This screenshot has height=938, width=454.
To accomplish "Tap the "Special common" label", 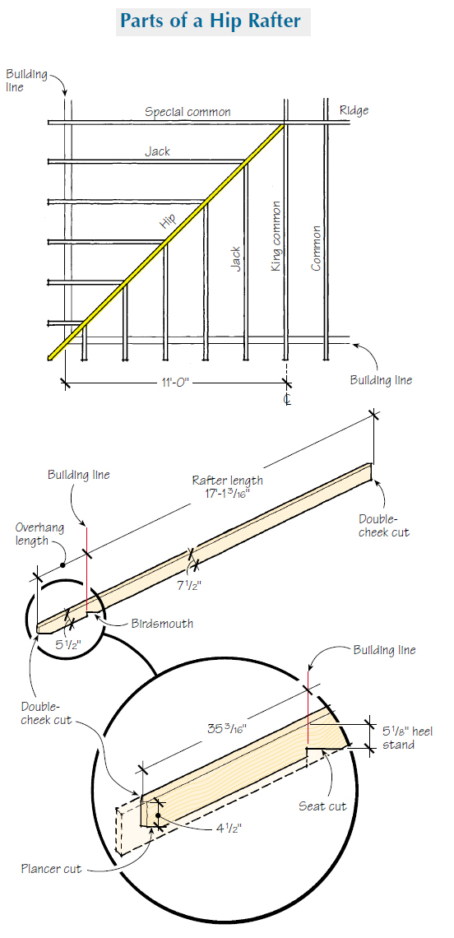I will tap(188, 112).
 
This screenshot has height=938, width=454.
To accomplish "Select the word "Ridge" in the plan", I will tap(354, 110).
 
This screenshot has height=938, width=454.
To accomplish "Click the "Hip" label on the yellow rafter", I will tap(168, 220).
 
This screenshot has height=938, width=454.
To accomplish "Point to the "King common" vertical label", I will tap(276, 236).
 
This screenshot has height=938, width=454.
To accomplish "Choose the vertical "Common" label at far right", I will tap(316, 248).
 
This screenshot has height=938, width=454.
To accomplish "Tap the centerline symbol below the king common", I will tap(287, 399).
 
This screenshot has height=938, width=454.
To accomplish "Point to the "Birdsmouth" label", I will tap(162, 623).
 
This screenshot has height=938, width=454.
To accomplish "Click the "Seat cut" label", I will tap(324, 806).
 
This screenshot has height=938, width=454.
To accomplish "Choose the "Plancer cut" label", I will tap(51, 869).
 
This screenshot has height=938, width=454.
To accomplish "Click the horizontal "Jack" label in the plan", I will tap(158, 151).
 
